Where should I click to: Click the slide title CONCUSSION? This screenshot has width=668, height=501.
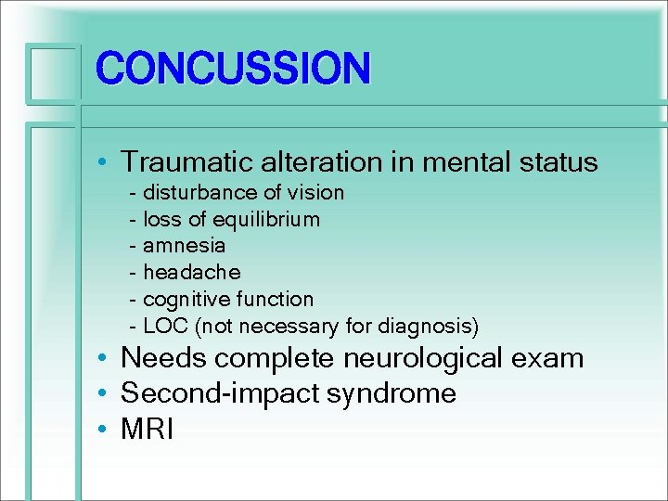tap(233, 68)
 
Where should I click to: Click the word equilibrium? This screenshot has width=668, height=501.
tap(267, 219)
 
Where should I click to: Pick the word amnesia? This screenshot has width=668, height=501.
tap(184, 246)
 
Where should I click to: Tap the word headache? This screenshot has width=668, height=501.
tap(191, 273)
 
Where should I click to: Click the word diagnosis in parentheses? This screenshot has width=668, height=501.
tap(432, 327)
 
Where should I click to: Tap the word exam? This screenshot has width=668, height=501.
tap(554, 358)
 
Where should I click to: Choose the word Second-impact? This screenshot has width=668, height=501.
tap(219, 393)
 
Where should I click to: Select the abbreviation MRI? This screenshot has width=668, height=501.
tap(148, 430)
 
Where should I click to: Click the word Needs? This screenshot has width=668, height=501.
tap(163, 358)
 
